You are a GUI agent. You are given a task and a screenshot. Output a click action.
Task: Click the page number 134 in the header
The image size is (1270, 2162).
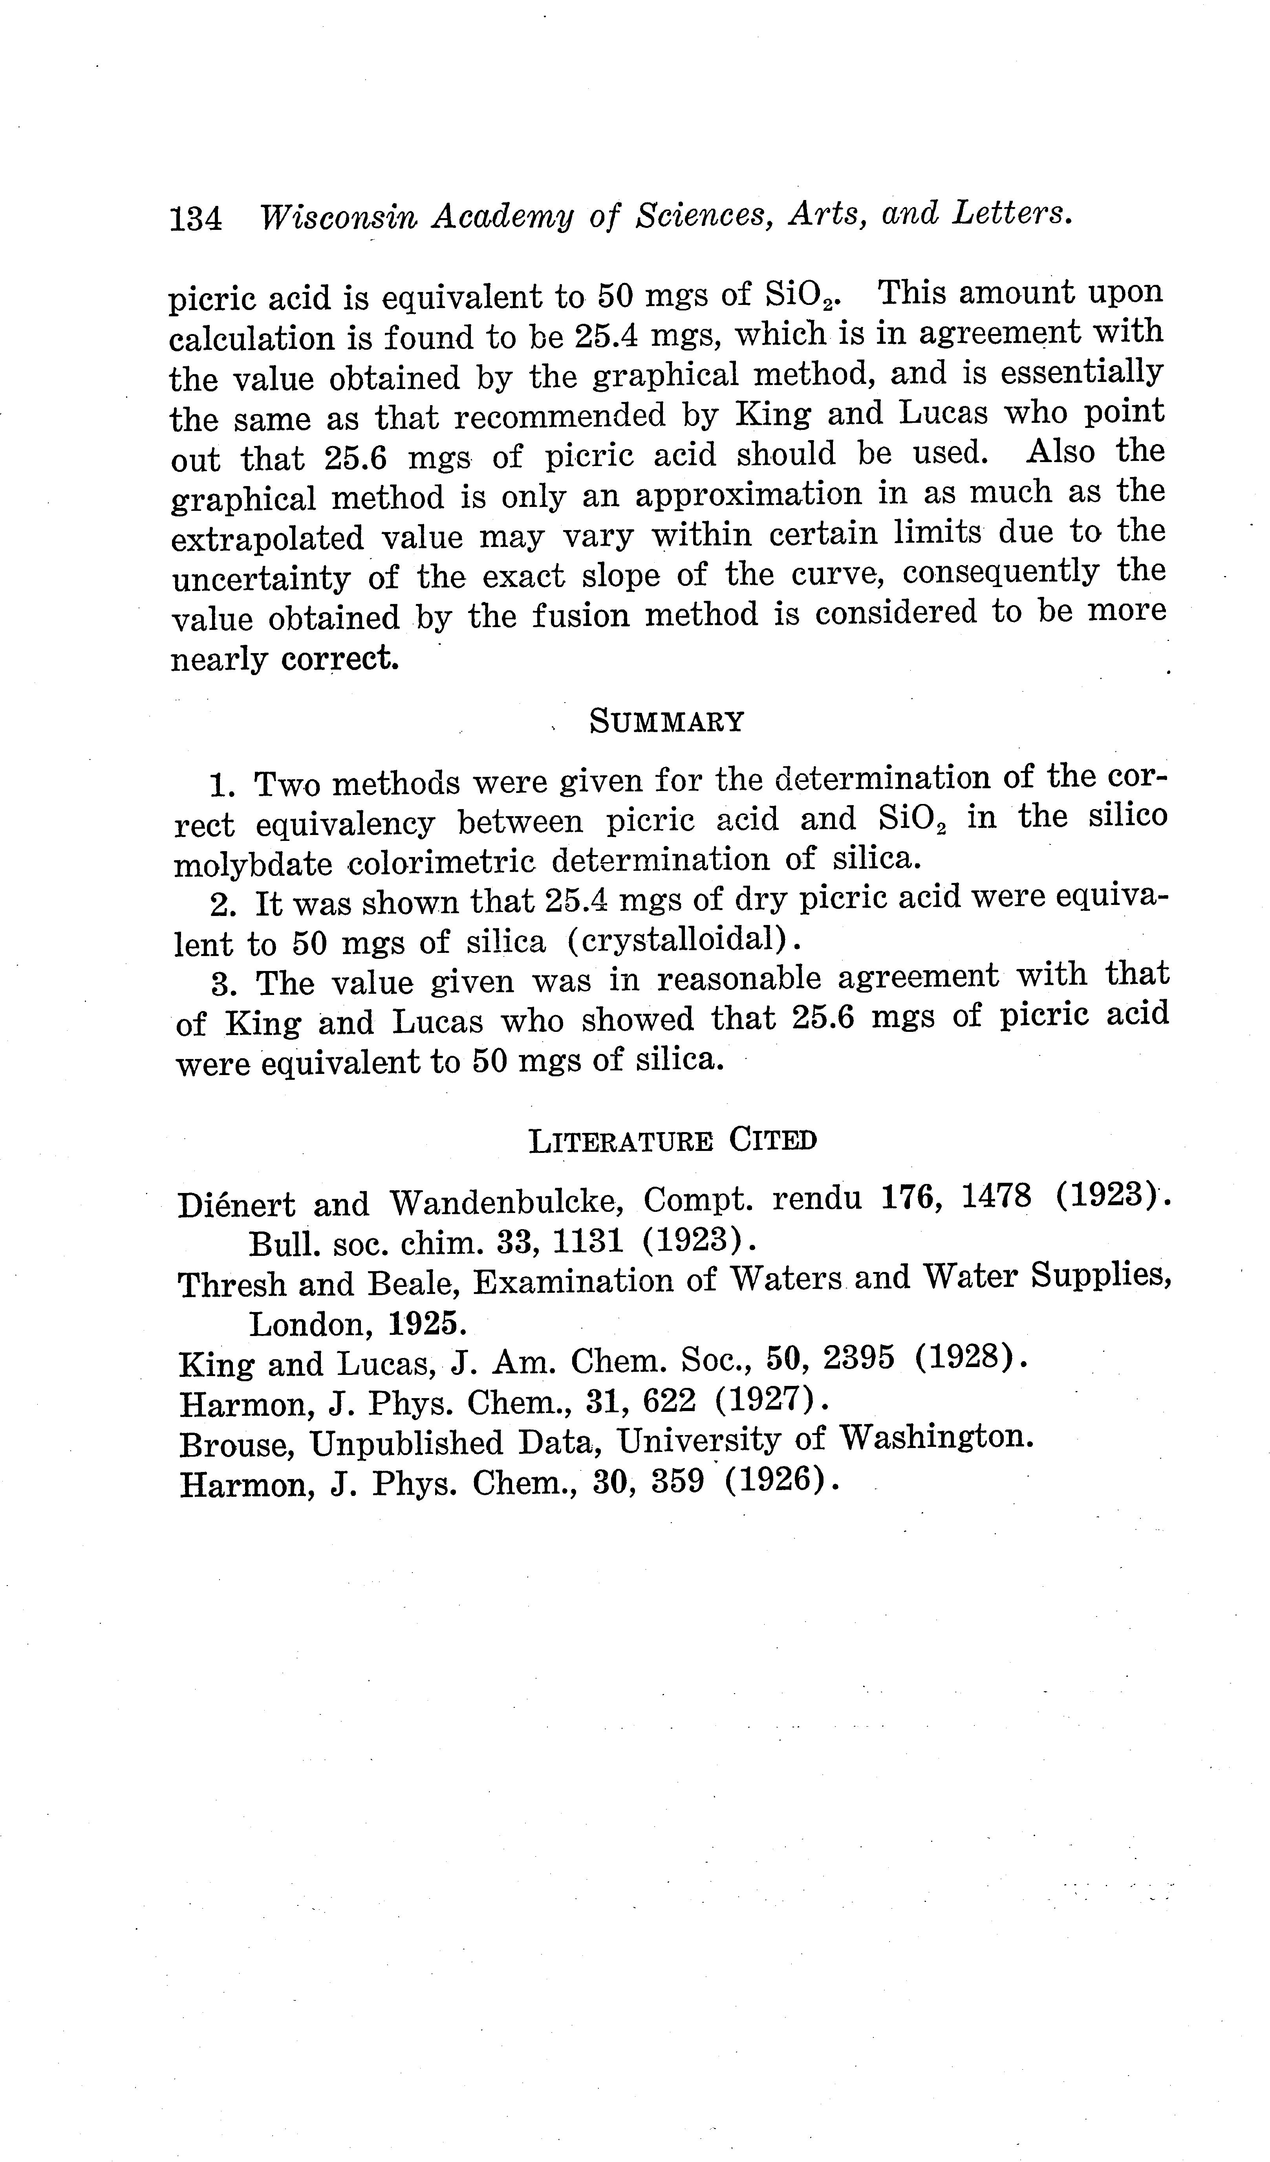point(196,220)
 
